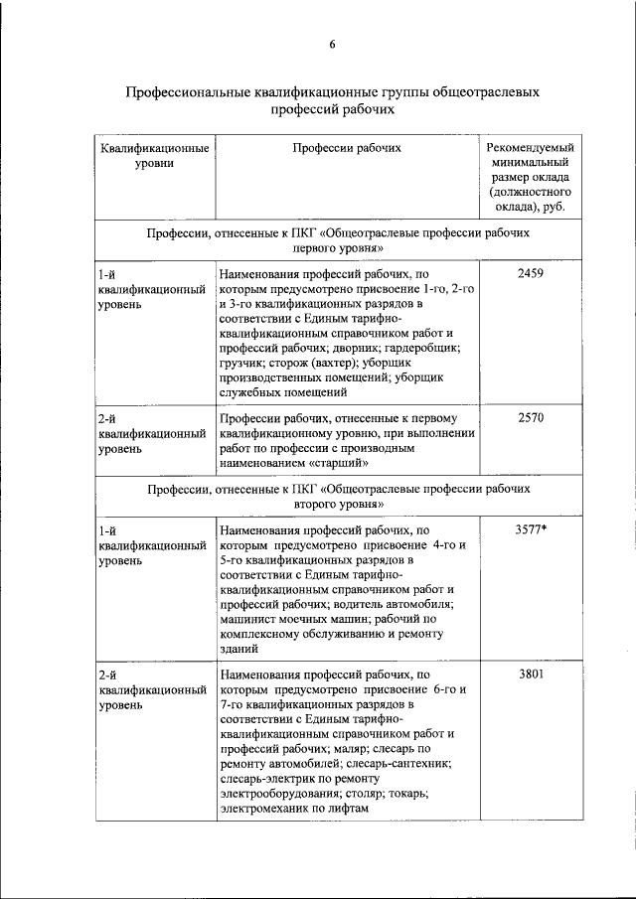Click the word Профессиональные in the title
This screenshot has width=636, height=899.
[x=190, y=91]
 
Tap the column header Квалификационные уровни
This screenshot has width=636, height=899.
[x=154, y=156]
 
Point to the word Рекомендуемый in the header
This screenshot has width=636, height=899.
[x=531, y=148]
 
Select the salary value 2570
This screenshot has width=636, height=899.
[x=531, y=418]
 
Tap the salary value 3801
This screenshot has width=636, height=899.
[x=531, y=674]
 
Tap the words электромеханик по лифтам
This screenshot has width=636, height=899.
[x=294, y=808]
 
